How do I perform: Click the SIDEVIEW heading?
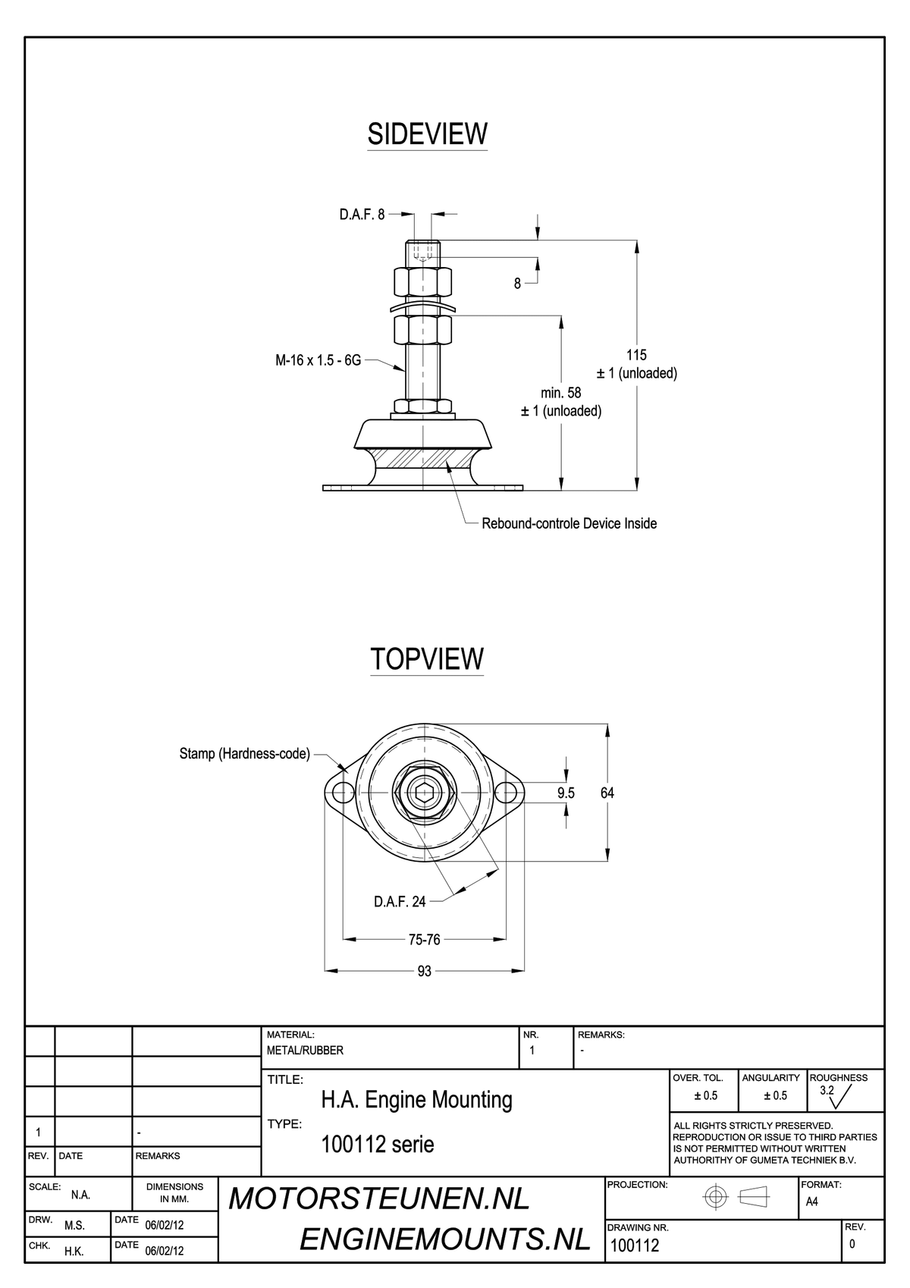point(427,134)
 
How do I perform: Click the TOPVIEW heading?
point(426,659)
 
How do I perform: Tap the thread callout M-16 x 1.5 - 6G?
point(318,360)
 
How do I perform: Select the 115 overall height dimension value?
point(636,355)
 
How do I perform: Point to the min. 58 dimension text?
point(560,393)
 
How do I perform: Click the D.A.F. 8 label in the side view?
point(362,215)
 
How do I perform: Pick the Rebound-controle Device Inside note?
point(569,523)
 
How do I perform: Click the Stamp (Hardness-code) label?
point(244,753)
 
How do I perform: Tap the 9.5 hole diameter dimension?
point(566,793)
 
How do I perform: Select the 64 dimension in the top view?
point(607,793)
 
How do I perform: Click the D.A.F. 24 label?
point(400,902)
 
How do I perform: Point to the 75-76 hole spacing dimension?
point(424,940)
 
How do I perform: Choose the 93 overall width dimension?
point(424,971)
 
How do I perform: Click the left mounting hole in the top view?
point(344,793)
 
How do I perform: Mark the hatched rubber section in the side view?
point(423,458)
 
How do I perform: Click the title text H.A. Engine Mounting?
point(416,1100)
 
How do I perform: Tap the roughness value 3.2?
point(827,1090)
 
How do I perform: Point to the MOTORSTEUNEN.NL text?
point(379,1199)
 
